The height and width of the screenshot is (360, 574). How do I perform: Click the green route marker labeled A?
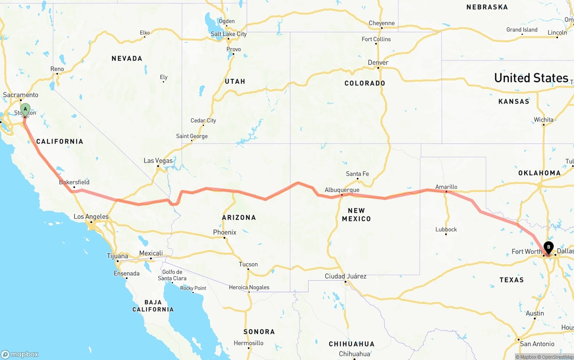click(x=26, y=109)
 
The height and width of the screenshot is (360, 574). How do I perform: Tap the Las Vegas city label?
click(x=158, y=160)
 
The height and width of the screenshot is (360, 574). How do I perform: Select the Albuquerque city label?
click(x=342, y=190)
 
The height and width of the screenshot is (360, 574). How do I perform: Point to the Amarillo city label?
click(x=446, y=187)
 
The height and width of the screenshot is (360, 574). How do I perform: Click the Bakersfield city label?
click(x=74, y=182)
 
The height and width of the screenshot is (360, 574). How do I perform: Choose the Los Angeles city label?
click(x=91, y=217)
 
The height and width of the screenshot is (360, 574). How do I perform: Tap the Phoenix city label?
click(x=225, y=232)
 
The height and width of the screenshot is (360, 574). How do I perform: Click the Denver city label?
click(x=378, y=63)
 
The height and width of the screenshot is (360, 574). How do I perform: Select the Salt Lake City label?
click(x=229, y=34)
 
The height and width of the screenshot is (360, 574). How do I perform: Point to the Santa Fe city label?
click(x=357, y=174)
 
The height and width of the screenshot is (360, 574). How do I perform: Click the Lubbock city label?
click(x=446, y=230)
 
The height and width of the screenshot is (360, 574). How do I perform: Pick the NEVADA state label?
click(x=127, y=58)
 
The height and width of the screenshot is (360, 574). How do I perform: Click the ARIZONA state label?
click(x=239, y=217)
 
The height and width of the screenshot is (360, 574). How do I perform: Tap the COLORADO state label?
click(x=365, y=83)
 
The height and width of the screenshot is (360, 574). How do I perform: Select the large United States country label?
click(x=531, y=78)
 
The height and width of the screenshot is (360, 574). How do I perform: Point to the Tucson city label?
click(x=248, y=265)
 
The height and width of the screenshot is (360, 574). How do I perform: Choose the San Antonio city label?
click(x=537, y=344)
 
